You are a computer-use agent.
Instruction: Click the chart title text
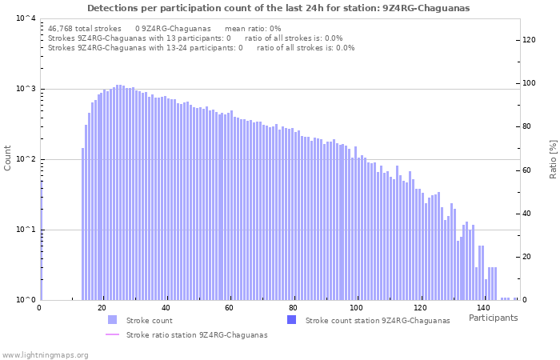278,8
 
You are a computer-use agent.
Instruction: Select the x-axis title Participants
493,318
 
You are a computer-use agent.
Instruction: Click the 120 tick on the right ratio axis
529,40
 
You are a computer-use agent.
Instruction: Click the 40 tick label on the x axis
166,308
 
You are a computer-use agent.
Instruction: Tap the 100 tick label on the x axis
356,308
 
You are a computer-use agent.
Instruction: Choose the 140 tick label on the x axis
483,308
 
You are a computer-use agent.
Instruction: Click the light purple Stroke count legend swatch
112,320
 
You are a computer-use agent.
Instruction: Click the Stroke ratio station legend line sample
112,334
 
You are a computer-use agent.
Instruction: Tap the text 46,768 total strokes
85,28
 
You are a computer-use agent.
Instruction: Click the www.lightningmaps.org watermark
45,354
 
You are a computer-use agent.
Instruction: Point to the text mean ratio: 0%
253,28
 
